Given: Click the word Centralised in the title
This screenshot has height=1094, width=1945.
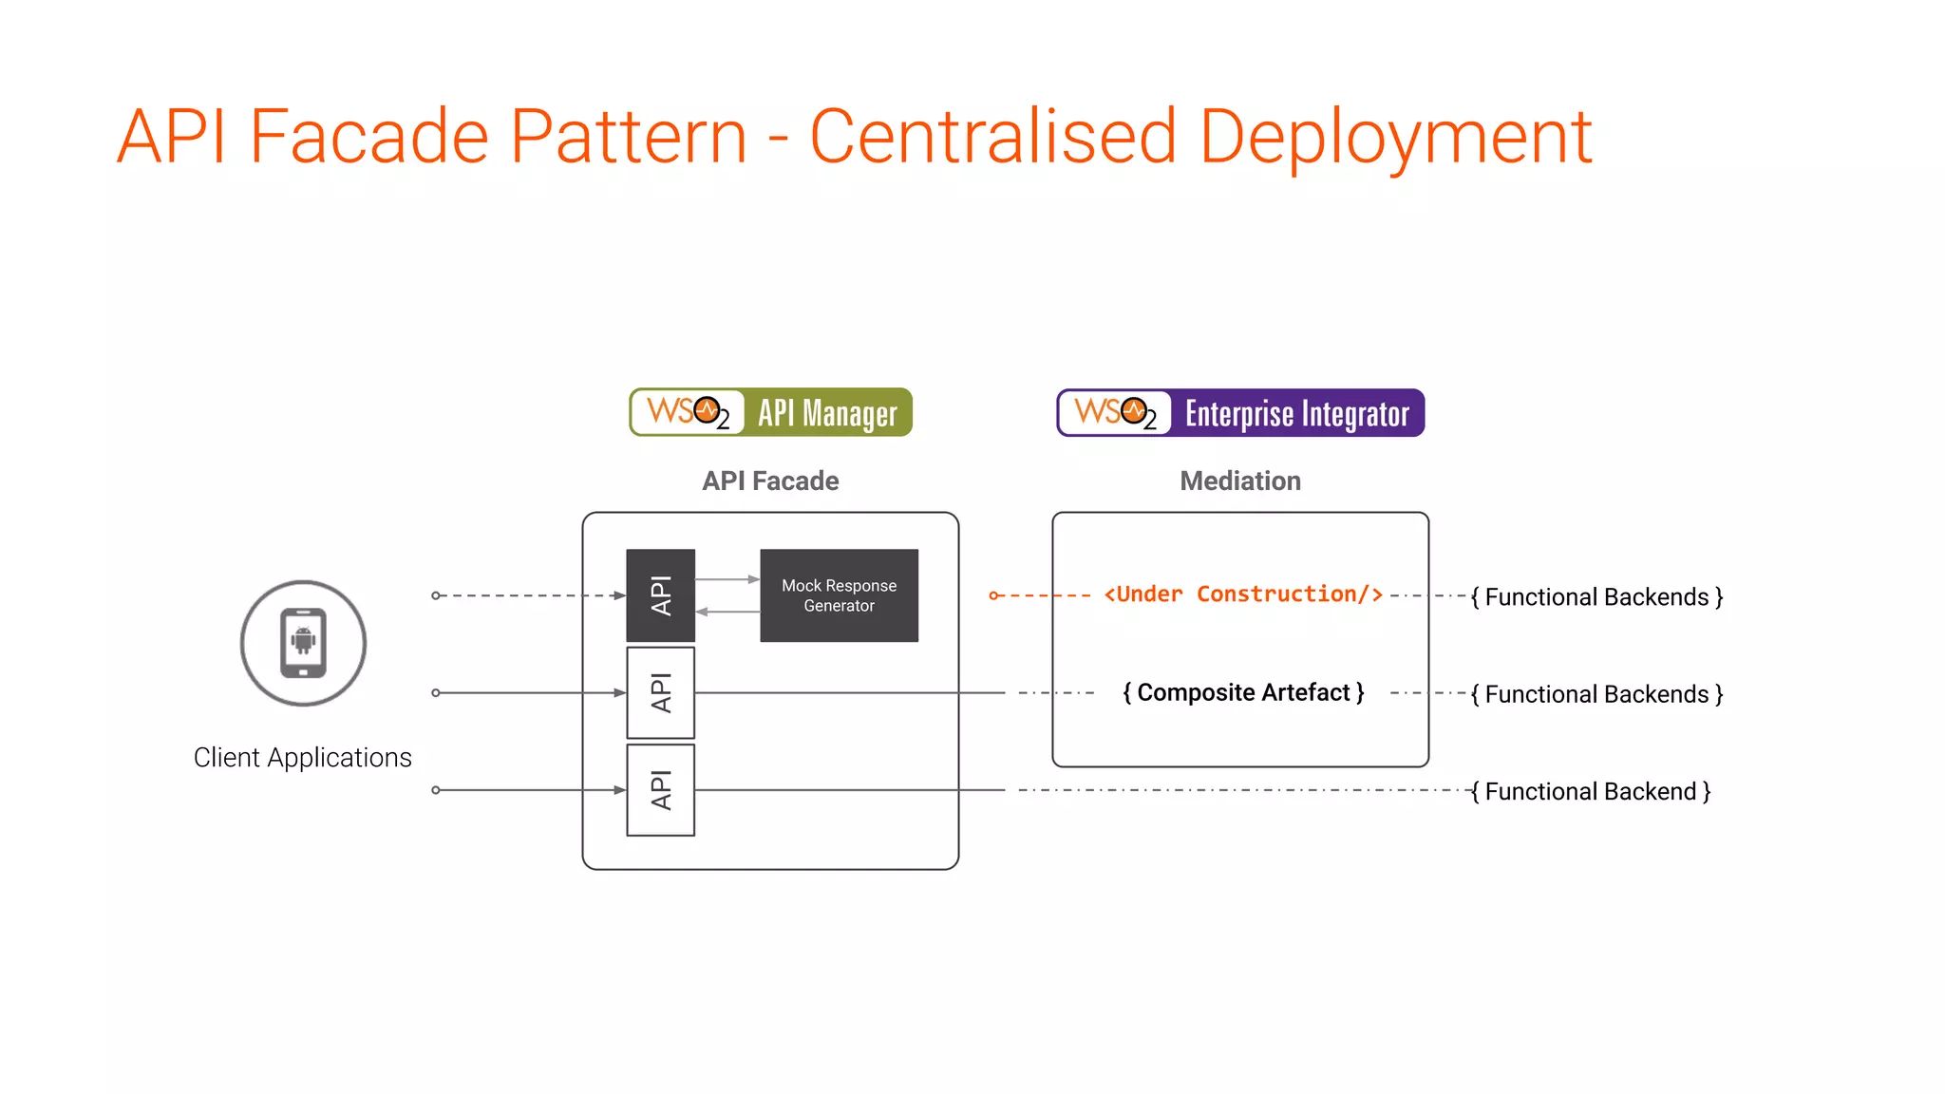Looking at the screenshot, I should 992,138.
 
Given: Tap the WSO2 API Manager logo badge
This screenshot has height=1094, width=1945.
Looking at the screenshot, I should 770,412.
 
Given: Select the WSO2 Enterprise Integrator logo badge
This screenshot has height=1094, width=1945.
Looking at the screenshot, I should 1240,413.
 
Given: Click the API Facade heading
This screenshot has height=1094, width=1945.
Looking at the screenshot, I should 770,481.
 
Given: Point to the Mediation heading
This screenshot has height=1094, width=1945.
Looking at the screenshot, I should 1240,481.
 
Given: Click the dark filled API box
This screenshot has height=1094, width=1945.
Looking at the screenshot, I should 661,595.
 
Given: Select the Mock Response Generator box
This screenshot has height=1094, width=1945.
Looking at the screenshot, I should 839,595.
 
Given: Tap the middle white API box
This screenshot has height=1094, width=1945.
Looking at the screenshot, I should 661,692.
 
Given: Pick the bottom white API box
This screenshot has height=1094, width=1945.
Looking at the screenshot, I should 661,790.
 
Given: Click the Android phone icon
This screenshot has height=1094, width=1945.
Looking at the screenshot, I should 303,643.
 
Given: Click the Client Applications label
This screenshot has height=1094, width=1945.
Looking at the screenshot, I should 302,758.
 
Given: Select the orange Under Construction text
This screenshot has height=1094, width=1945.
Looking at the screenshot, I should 1242,594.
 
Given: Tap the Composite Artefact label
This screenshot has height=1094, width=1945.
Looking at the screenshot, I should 1243,692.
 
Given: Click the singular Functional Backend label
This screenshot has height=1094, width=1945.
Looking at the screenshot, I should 1591,791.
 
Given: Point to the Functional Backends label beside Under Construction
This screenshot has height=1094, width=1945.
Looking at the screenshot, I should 1596,596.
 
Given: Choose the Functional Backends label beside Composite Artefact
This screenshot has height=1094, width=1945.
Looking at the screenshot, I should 1596,694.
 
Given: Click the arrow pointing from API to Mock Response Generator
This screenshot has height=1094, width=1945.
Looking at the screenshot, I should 727,579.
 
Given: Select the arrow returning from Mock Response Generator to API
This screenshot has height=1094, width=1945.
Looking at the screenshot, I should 727,612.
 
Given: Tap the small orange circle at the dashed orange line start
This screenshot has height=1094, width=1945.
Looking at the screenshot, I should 993,595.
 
